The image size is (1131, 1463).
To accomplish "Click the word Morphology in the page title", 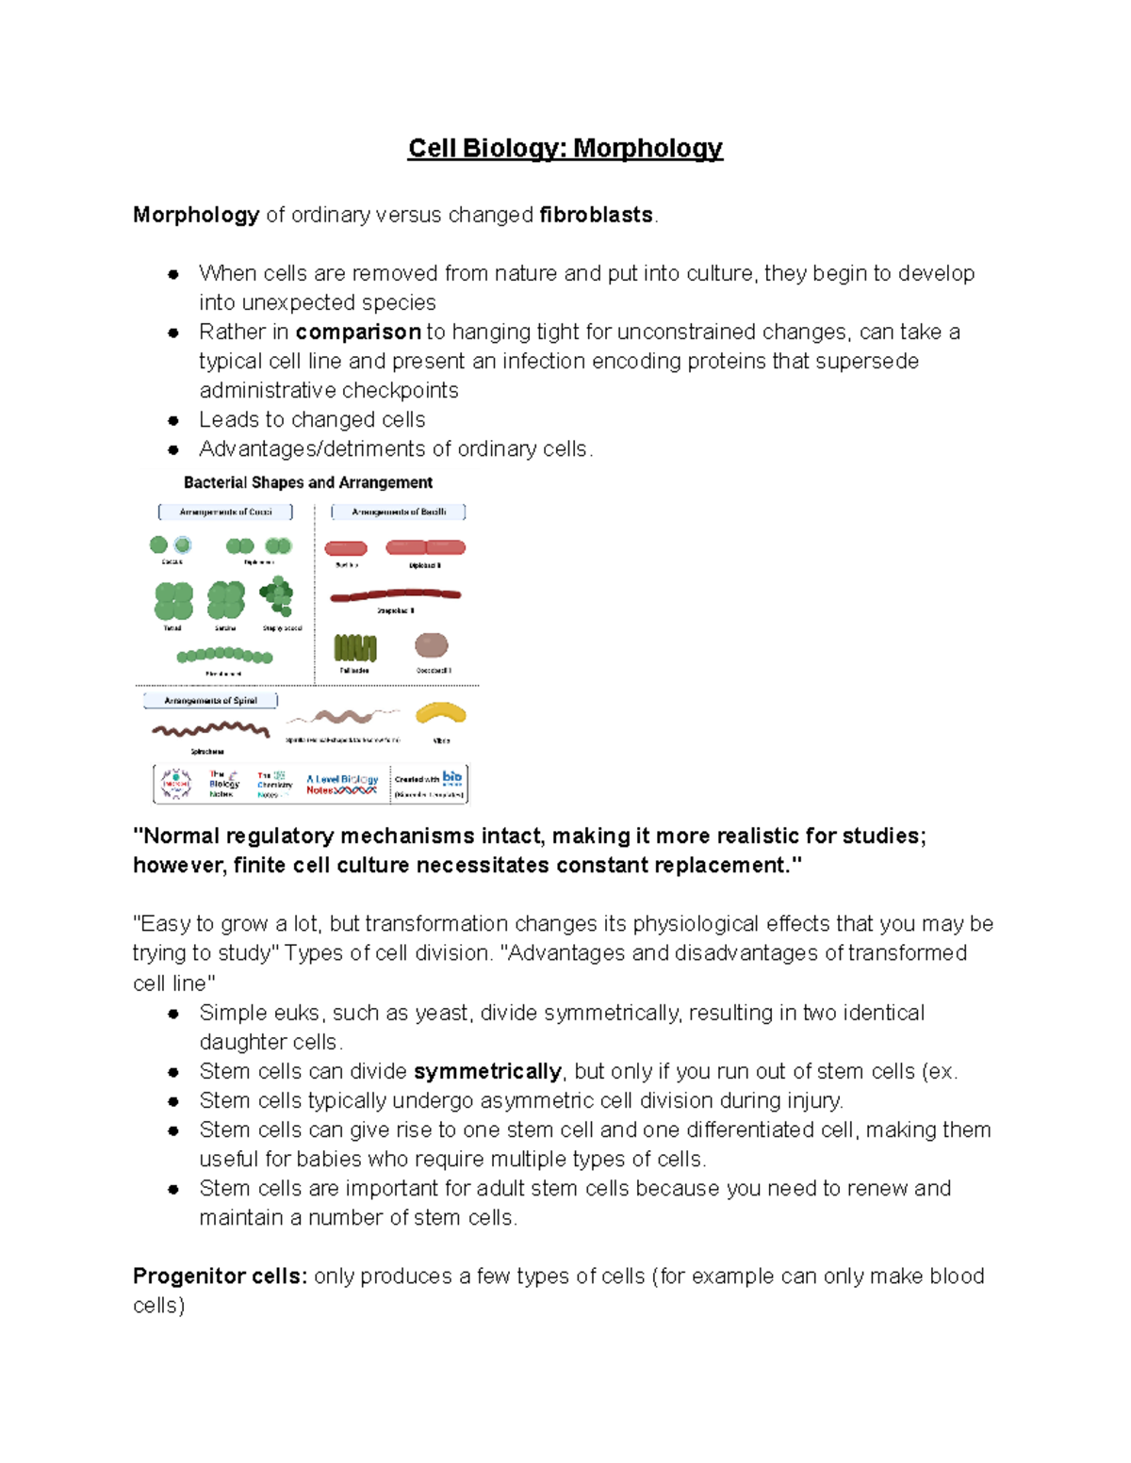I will (647, 149).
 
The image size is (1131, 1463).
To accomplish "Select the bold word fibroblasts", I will (596, 215).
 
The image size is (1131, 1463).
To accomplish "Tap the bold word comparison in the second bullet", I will (358, 332).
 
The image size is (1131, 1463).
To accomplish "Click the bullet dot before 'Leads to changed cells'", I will (173, 420).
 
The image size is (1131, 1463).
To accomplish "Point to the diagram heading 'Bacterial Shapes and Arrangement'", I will (307, 482).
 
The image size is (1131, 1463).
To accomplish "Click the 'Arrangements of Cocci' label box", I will (225, 512).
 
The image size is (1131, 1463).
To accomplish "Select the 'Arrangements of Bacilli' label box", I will (399, 512).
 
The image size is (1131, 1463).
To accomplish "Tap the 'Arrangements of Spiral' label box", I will (210, 700).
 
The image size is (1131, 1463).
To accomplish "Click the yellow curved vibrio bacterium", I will (441, 714).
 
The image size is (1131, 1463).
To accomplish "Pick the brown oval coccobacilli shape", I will (432, 645).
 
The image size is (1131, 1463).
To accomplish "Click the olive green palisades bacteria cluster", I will (355, 647).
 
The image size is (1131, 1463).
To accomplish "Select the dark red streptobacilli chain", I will (395, 595).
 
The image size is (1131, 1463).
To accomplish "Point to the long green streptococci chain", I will (224, 655).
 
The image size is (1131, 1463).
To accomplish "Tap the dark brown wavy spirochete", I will (210, 729).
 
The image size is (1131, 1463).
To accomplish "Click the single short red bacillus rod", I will (346, 548).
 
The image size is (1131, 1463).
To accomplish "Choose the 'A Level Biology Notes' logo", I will (341, 784).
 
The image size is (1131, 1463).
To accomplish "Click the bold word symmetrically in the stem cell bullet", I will (487, 1071).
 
